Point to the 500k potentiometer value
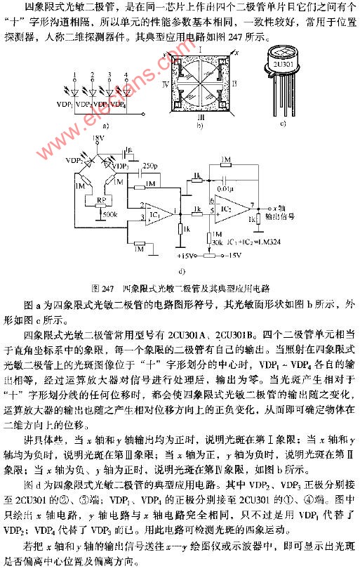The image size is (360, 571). (x=109, y=213)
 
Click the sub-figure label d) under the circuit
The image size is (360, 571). (x=182, y=270)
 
